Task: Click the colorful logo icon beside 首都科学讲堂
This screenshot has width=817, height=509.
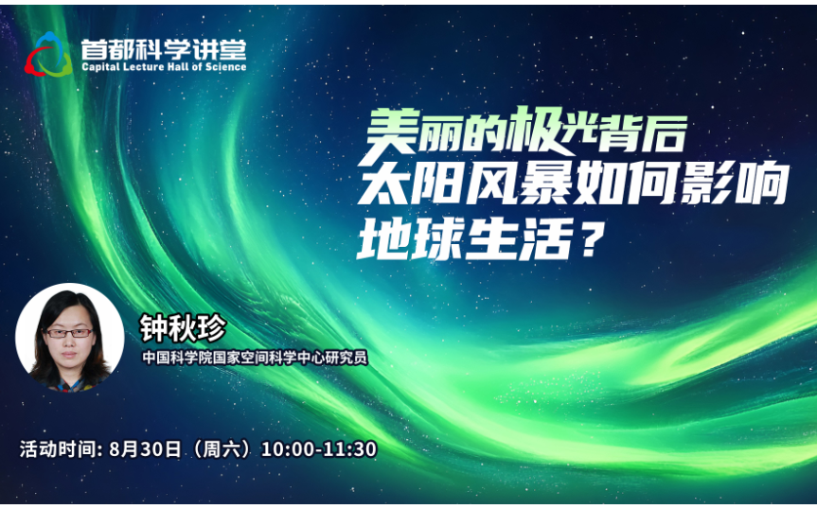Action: (48, 54)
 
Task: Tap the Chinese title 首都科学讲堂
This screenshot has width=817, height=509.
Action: (164, 49)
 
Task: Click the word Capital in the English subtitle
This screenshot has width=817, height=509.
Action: (98, 67)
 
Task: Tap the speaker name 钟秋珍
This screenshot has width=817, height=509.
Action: (183, 329)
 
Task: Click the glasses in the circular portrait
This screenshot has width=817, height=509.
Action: (69, 333)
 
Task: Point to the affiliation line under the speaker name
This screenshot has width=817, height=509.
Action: (256, 358)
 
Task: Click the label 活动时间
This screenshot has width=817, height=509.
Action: (59, 448)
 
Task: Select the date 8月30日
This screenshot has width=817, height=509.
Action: (145, 448)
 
